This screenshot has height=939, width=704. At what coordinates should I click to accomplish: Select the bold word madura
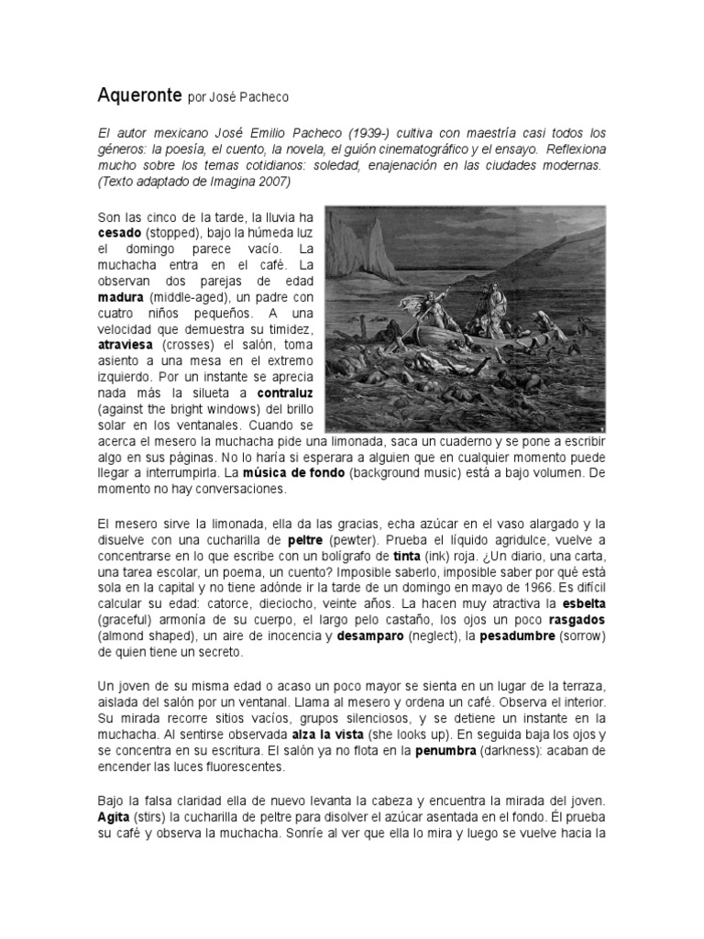121,298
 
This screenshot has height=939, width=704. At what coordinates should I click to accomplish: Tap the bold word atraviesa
126,346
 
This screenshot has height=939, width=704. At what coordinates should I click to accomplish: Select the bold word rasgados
575,619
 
